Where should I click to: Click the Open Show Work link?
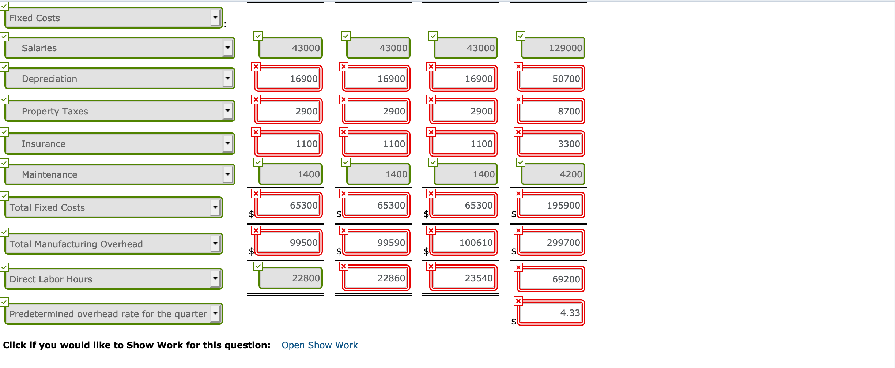[320, 345]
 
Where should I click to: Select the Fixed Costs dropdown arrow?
[215, 18]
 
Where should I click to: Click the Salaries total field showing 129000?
[553, 48]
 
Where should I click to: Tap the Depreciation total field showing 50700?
[551, 79]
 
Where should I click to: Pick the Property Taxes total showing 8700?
[551, 111]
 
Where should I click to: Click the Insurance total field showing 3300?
[551, 144]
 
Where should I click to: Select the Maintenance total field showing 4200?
[553, 174]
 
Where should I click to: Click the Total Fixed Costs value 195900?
[551, 205]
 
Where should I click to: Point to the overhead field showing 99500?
[288, 243]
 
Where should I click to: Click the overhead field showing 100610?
[464, 243]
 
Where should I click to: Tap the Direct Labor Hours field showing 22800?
[291, 278]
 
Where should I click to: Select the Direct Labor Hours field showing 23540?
[464, 278]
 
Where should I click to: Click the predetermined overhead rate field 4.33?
[551, 313]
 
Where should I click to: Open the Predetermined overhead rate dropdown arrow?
[215, 313]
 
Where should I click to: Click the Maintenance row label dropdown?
[228, 174]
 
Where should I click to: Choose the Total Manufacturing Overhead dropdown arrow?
[215, 244]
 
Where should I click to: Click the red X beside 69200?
[518, 268]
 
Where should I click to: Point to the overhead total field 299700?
[551, 243]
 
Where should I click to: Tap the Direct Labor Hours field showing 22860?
[376, 278]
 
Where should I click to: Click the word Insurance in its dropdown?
[44, 144]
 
